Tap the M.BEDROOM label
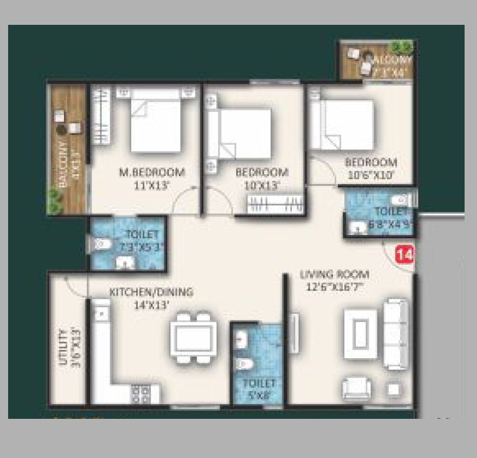tap(152, 172)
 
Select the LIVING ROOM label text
tap(334, 275)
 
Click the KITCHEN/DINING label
tap(151, 292)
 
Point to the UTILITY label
tap(62, 347)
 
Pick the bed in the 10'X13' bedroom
tap(244, 133)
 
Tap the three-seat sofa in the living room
tap(396, 333)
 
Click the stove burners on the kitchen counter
tap(142, 394)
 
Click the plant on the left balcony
tap(55, 201)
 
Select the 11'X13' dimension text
tap(152, 185)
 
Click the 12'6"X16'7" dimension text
tap(334, 287)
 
